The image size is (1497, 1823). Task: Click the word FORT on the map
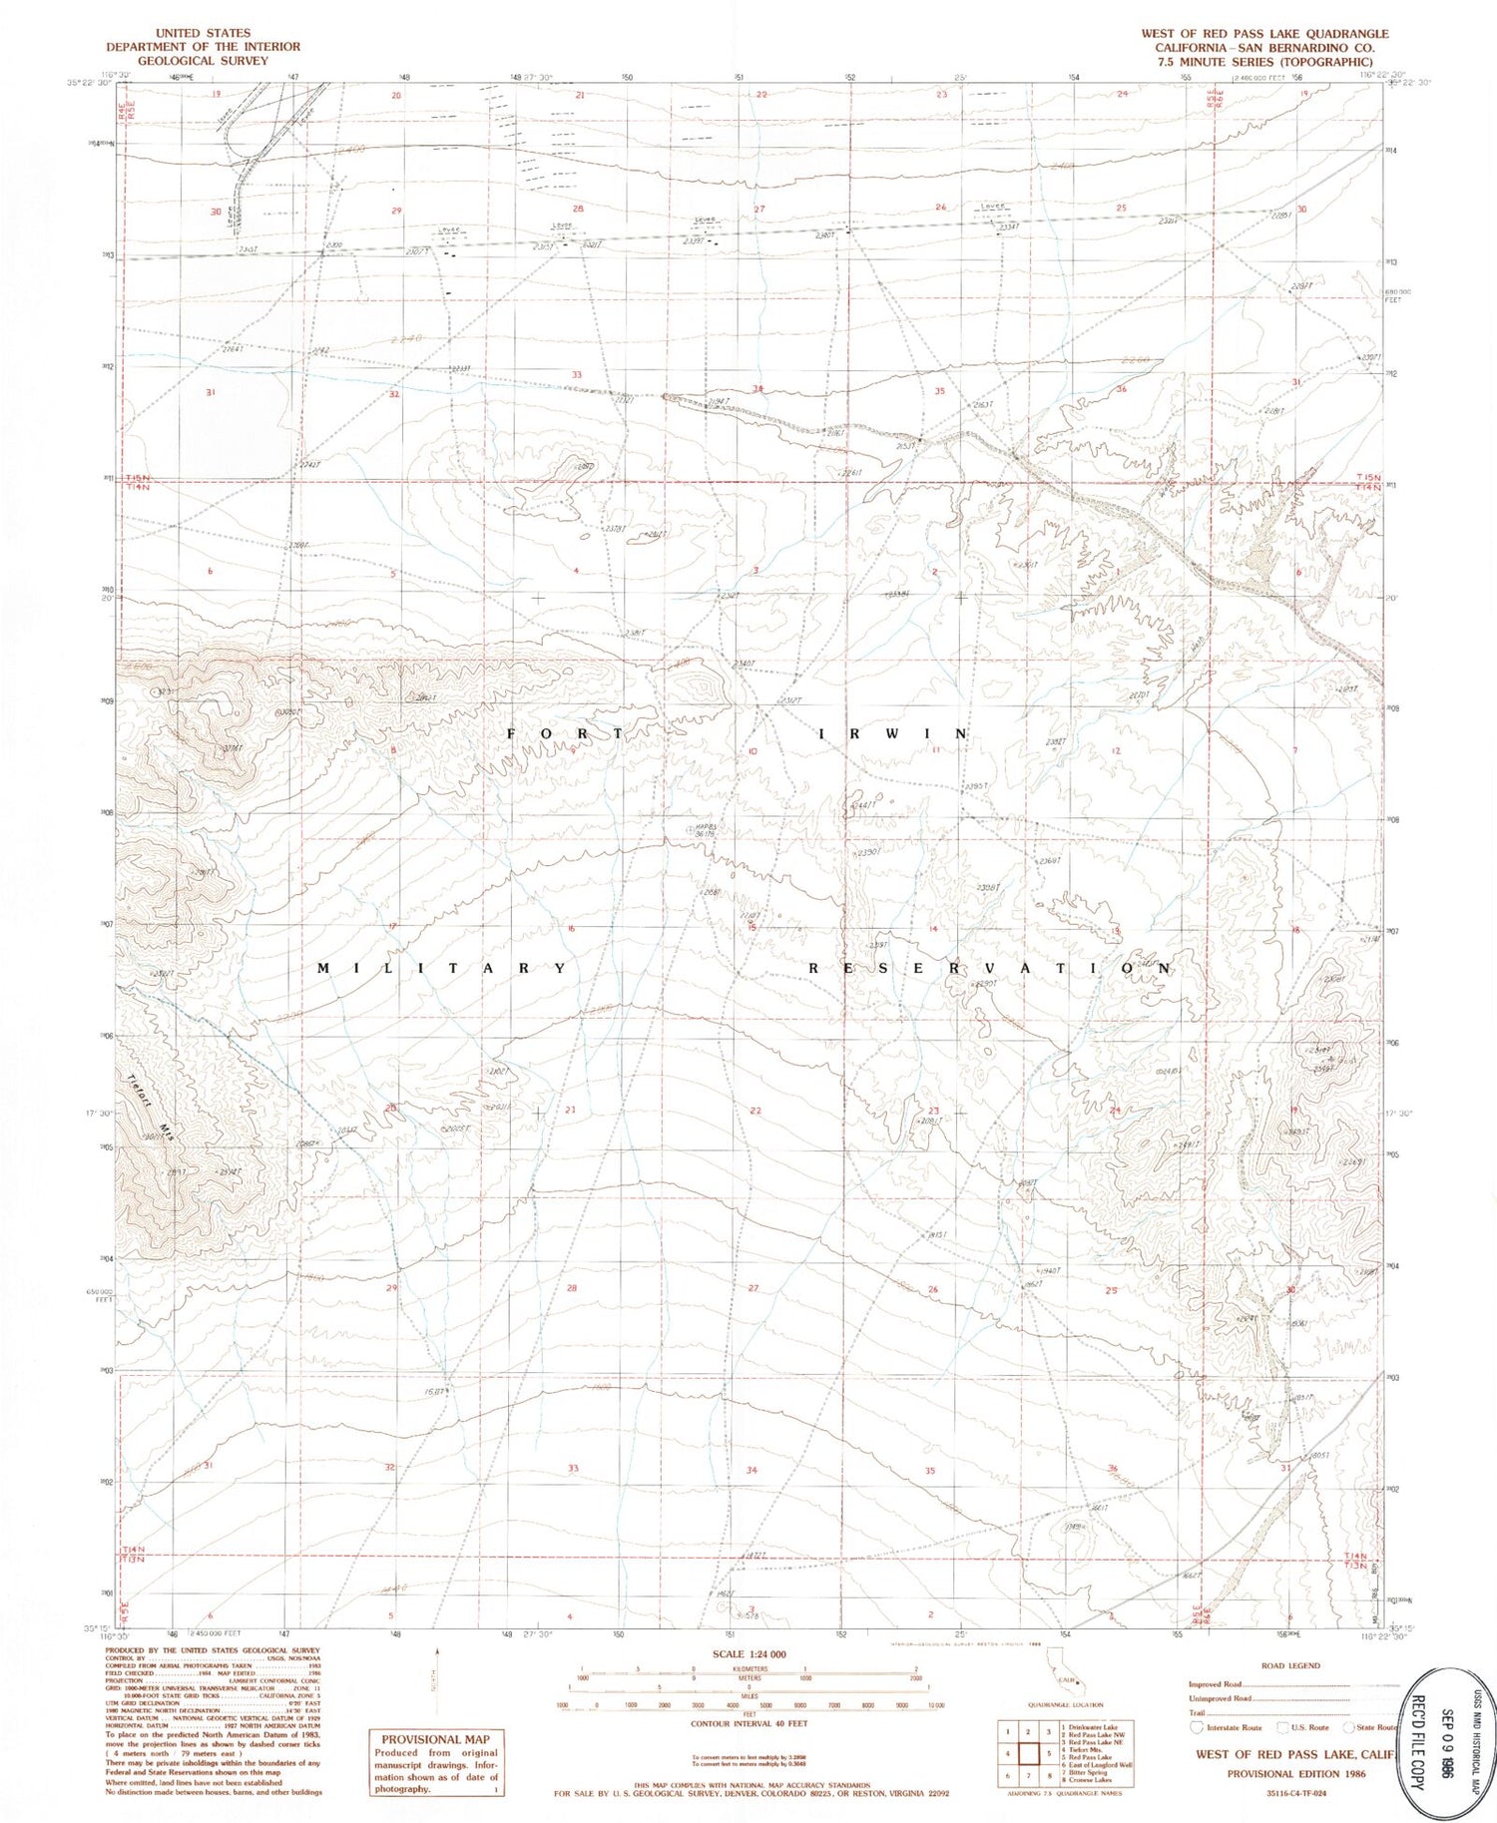566,734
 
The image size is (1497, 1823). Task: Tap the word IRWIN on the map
893,734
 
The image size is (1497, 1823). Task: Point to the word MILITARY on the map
444,969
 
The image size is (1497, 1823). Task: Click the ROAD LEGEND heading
1289,1665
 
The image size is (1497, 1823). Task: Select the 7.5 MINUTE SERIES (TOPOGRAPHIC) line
1264,61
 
